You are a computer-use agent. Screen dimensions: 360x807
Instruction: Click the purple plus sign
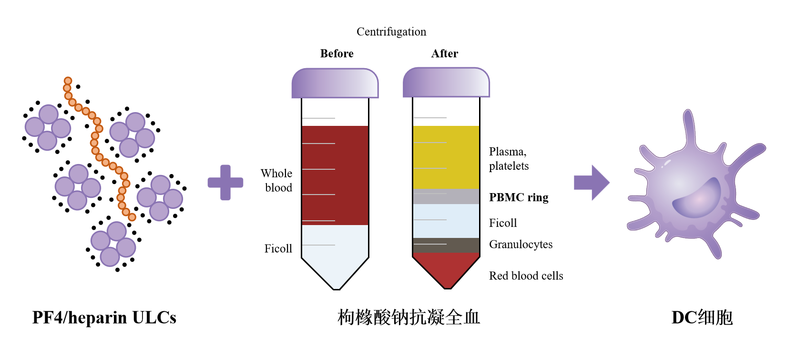coord(225,182)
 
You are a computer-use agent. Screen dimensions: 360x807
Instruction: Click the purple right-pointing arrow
coord(592,182)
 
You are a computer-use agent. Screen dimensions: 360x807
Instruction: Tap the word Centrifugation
coord(391,31)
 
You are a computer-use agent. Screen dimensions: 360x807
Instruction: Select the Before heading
coord(337,53)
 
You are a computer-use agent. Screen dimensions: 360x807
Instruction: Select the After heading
coord(444,53)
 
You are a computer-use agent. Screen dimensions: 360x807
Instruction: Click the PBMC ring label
coord(519,197)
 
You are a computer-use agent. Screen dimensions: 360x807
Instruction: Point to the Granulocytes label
coord(521,244)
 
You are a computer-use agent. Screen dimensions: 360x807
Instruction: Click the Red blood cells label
coord(526,276)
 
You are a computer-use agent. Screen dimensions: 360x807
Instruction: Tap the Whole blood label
coord(277,180)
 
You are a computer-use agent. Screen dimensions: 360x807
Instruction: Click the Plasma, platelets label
coord(509,159)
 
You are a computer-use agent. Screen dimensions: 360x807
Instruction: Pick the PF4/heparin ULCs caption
coord(104,318)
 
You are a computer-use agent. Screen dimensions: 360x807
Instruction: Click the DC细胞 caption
coord(702,318)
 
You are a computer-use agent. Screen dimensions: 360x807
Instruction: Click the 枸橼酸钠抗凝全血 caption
coord(409,318)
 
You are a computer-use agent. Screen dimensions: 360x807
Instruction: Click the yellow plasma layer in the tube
coord(446,157)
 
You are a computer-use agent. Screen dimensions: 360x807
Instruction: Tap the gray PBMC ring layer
coord(446,196)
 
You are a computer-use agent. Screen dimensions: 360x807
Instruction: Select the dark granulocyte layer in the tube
coord(446,245)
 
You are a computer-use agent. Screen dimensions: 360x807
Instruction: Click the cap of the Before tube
coord(335,83)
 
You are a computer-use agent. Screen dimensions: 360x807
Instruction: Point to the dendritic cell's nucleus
coord(697,198)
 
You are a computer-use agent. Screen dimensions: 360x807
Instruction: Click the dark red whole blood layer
coord(335,175)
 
